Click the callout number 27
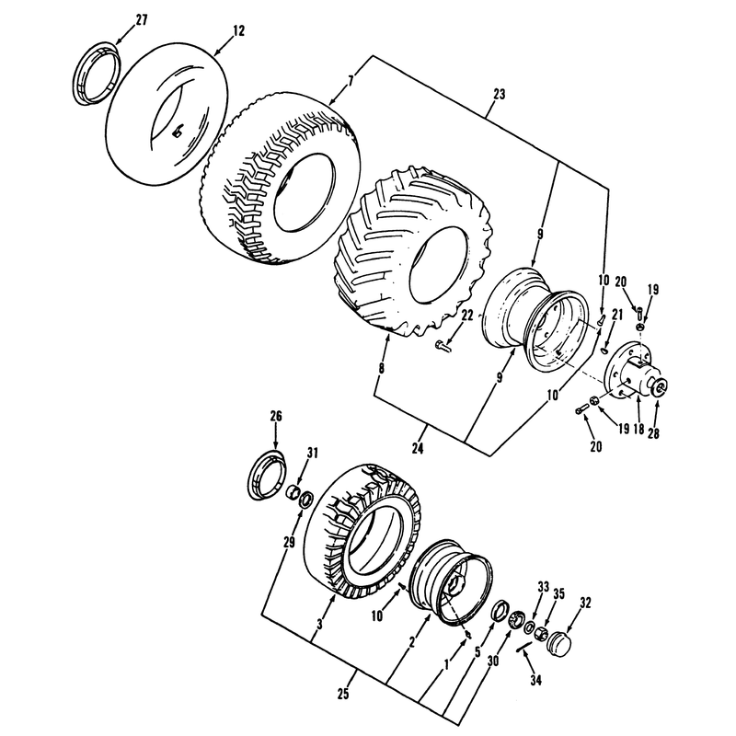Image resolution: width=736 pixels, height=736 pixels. [142, 20]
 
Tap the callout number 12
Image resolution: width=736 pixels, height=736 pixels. [238, 31]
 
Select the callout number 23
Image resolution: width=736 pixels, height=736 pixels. [500, 95]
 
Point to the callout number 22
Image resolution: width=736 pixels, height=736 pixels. [466, 316]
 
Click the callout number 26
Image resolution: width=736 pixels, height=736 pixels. [276, 416]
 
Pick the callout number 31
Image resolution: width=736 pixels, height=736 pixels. [313, 453]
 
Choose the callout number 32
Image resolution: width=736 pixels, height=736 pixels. [585, 603]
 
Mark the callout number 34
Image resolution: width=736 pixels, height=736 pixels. [535, 680]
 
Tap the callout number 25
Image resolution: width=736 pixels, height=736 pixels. [343, 694]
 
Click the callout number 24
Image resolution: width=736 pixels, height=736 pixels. [418, 449]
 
